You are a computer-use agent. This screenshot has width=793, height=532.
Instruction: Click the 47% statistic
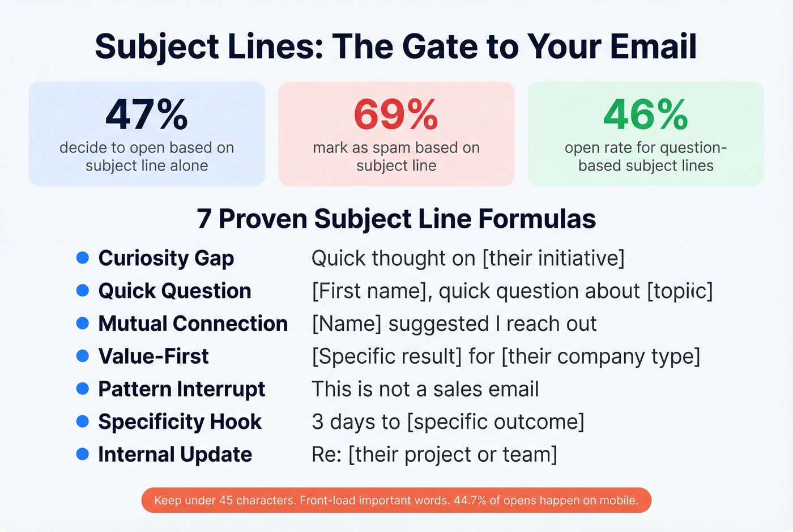coord(147,115)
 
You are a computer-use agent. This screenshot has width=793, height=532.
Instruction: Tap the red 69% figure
coord(396,115)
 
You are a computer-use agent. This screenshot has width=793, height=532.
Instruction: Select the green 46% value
coord(646,115)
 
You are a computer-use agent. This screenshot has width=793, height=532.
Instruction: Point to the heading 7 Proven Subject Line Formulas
coord(396,219)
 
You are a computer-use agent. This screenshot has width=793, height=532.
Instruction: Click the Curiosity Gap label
coord(166,258)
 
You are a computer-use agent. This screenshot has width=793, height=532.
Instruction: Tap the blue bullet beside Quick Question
coord(83,291)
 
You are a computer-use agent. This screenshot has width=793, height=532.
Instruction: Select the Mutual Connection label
coord(193,324)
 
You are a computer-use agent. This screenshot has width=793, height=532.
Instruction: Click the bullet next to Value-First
coord(83,356)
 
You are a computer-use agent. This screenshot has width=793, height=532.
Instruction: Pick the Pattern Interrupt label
coord(181,389)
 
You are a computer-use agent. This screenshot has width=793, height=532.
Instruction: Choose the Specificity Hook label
coord(180,422)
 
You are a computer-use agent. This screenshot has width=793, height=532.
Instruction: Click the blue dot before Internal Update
coord(83,454)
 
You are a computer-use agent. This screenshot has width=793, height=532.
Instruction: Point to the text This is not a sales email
coord(425,389)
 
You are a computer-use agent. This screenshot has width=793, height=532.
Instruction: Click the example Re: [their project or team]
coord(434,454)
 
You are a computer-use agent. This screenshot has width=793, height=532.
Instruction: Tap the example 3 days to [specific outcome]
coord(447,422)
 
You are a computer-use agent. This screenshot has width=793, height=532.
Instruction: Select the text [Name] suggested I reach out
coord(454,324)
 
